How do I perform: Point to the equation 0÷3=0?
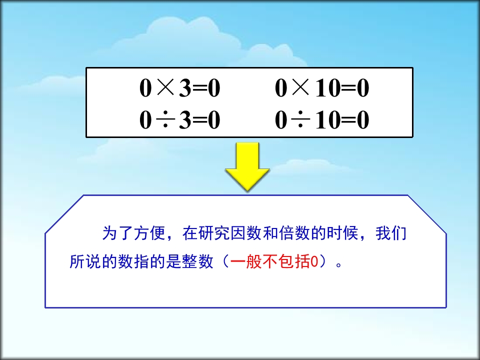pyautogui.click(x=179, y=121)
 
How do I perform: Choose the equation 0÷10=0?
pyautogui.click(x=322, y=121)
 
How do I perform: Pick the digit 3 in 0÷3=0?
pyautogui.click(x=184, y=121)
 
